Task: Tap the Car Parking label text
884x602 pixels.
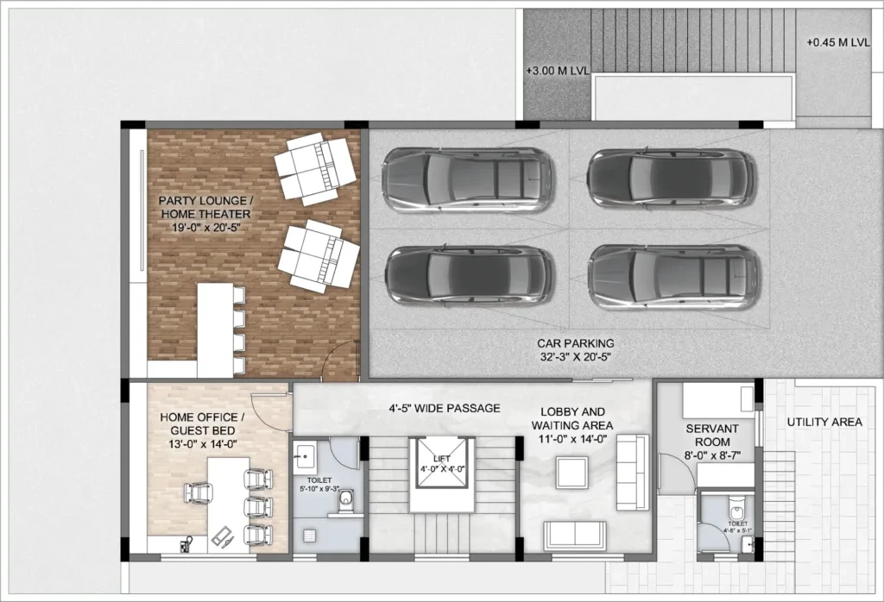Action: tap(575, 349)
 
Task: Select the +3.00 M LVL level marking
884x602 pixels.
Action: tap(557, 72)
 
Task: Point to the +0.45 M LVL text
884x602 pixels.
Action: tap(837, 43)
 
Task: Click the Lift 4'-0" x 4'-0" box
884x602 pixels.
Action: tap(442, 463)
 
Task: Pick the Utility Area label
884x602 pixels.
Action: tap(824, 422)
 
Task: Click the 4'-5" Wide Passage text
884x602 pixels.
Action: tap(445, 408)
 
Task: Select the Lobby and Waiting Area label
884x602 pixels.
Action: tap(572, 425)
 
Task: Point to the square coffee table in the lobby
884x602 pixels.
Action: tap(573, 473)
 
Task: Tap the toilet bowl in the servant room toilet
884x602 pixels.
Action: tap(736, 511)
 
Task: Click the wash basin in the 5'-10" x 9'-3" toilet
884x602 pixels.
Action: tap(305, 455)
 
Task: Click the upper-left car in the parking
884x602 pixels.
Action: tap(468, 180)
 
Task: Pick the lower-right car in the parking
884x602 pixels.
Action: tap(672, 279)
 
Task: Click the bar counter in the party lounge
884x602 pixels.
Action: tap(215, 330)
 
